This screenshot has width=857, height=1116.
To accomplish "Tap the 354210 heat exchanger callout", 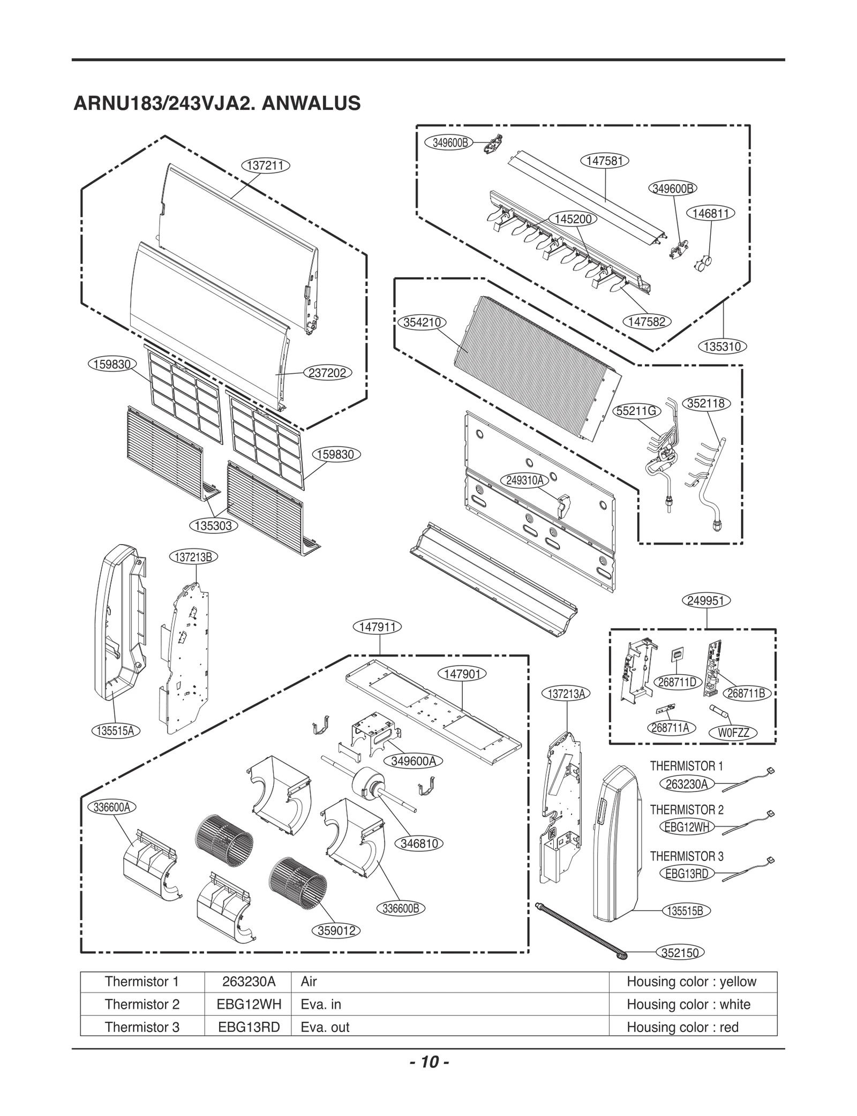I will [422, 322].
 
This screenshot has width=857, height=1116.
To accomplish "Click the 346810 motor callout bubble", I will [419, 843].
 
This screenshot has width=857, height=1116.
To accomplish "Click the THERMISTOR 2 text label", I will [686, 810].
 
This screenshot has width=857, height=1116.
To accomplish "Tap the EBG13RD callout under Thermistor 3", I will [686, 873].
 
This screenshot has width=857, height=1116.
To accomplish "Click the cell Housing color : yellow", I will [691, 982].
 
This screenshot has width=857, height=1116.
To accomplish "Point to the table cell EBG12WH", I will [249, 1004].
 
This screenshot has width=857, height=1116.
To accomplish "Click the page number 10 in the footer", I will [428, 1062].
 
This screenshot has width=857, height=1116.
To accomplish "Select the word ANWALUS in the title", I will [311, 103].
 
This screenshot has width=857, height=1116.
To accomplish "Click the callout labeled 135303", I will [213, 525].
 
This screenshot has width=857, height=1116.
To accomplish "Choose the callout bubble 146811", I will [710, 213].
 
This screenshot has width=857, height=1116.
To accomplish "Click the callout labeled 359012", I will [336, 931].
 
